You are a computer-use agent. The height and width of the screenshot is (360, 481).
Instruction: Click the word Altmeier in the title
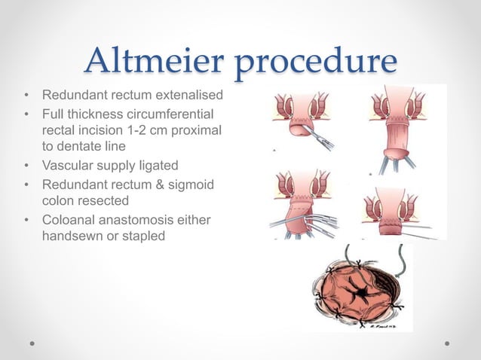(155, 59)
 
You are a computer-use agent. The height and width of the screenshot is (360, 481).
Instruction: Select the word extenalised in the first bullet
(189, 95)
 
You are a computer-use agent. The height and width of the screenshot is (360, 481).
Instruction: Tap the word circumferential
(170, 114)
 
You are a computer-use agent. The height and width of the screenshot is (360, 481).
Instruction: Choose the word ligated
(159, 166)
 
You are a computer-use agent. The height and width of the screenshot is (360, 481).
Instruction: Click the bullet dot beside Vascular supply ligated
(27, 166)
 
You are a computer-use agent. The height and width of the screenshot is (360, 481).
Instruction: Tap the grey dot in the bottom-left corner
(32, 343)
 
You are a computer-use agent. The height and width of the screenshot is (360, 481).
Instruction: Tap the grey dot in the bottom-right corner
(447, 343)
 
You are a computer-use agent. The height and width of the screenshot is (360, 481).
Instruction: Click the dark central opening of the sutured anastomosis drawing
(363, 293)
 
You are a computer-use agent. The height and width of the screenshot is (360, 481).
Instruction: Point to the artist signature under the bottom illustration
(383, 327)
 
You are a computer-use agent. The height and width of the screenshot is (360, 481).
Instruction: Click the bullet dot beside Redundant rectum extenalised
(27, 95)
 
